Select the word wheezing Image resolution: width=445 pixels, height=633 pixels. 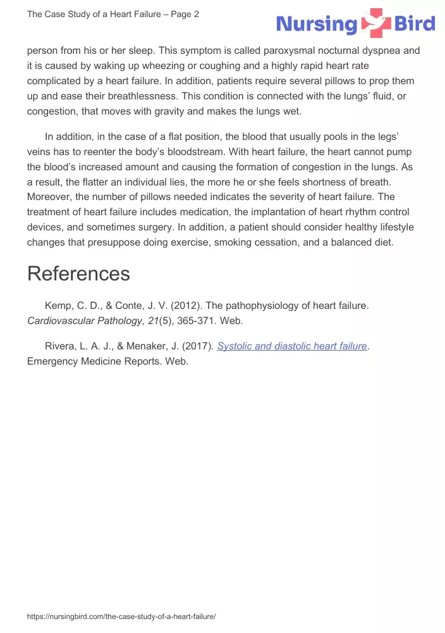pos(171,66)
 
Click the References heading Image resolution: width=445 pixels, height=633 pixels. pos(78,273)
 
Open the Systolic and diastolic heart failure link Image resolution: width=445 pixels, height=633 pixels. pos(292,346)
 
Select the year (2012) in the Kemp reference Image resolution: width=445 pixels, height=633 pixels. pos(186,306)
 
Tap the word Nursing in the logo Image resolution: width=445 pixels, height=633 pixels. pos(317,25)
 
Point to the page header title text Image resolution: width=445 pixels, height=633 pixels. pos(113,14)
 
